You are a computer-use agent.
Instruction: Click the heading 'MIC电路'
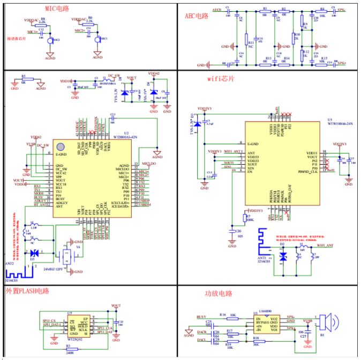point(57,10)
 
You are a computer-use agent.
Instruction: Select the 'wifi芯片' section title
point(220,78)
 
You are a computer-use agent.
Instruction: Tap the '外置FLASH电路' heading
point(27,292)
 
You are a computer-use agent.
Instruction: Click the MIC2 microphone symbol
point(98,39)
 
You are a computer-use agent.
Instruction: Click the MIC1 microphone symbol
point(50,40)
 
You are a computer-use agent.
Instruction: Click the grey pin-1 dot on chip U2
point(61,146)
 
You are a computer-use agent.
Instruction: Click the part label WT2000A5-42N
point(125,137)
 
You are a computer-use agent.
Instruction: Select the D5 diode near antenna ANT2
point(34,252)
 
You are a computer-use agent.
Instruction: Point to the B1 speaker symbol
point(331,323)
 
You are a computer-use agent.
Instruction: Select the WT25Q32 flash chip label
point(74,339)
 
